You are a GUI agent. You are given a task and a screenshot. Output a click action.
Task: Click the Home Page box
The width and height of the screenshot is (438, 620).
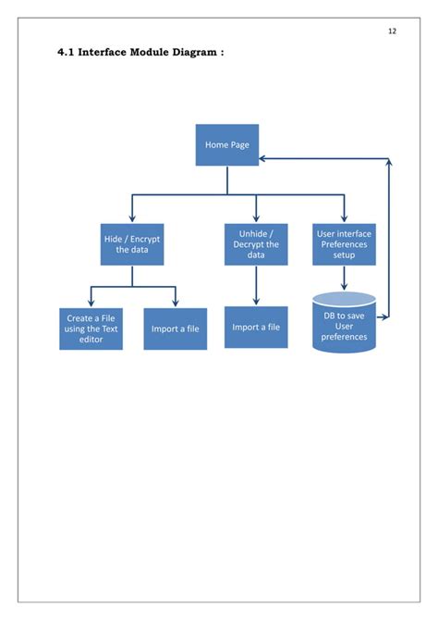227,145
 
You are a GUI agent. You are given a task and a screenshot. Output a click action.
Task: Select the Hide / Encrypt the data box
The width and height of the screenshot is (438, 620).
132,244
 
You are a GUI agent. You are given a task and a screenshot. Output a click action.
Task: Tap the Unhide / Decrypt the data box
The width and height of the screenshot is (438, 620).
256,244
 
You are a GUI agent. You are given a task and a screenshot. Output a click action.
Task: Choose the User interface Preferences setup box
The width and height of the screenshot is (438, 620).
344,244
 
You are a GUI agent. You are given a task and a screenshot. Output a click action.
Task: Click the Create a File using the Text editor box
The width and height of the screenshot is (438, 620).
91,329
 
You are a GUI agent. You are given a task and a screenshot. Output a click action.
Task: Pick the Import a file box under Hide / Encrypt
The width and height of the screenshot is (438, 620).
175,329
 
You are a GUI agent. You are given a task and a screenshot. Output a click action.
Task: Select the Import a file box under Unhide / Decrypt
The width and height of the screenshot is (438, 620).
256,327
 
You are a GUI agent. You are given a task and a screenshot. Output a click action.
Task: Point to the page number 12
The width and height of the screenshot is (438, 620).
392,31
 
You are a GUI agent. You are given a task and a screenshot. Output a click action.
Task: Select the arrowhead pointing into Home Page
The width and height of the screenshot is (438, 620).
264,158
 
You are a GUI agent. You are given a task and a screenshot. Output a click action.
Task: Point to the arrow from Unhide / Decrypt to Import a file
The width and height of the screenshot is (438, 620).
256,287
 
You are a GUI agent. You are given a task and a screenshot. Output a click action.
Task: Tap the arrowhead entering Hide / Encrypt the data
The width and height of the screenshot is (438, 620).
132,218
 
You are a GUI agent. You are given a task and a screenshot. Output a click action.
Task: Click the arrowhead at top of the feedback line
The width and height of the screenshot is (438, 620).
389,164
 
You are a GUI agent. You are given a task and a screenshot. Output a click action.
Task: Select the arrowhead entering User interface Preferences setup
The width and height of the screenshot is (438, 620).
344,218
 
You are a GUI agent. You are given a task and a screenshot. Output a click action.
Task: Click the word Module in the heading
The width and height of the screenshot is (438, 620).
152,53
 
